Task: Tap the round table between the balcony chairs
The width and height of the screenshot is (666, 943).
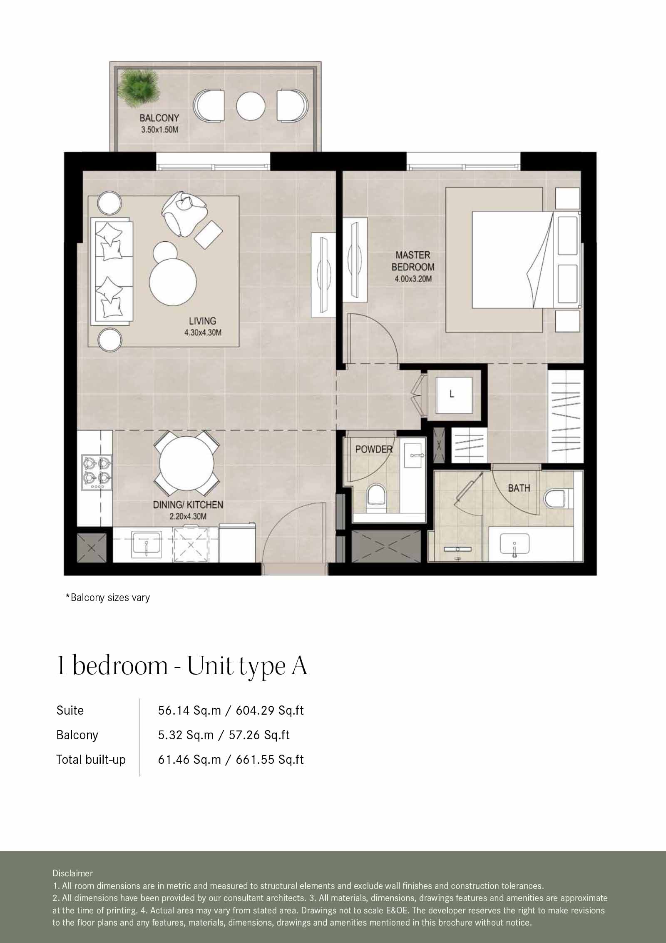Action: (251, 106)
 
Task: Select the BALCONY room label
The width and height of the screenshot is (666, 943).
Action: (159, 118)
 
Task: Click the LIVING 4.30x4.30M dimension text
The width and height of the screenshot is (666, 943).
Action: (202, 333)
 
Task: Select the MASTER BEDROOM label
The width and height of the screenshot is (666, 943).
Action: (413, 261)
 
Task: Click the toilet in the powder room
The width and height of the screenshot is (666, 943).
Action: (377, 498)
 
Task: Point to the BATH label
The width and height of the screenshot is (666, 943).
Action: (519, 488)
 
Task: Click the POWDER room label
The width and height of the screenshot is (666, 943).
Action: (373, 449)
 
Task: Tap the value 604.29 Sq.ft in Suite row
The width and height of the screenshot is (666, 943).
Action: (270, 710)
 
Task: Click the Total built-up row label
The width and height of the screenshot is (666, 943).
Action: (91, 759)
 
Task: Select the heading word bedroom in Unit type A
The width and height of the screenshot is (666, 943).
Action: (120, 666)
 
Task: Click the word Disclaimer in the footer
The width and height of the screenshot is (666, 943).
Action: (72, 873)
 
